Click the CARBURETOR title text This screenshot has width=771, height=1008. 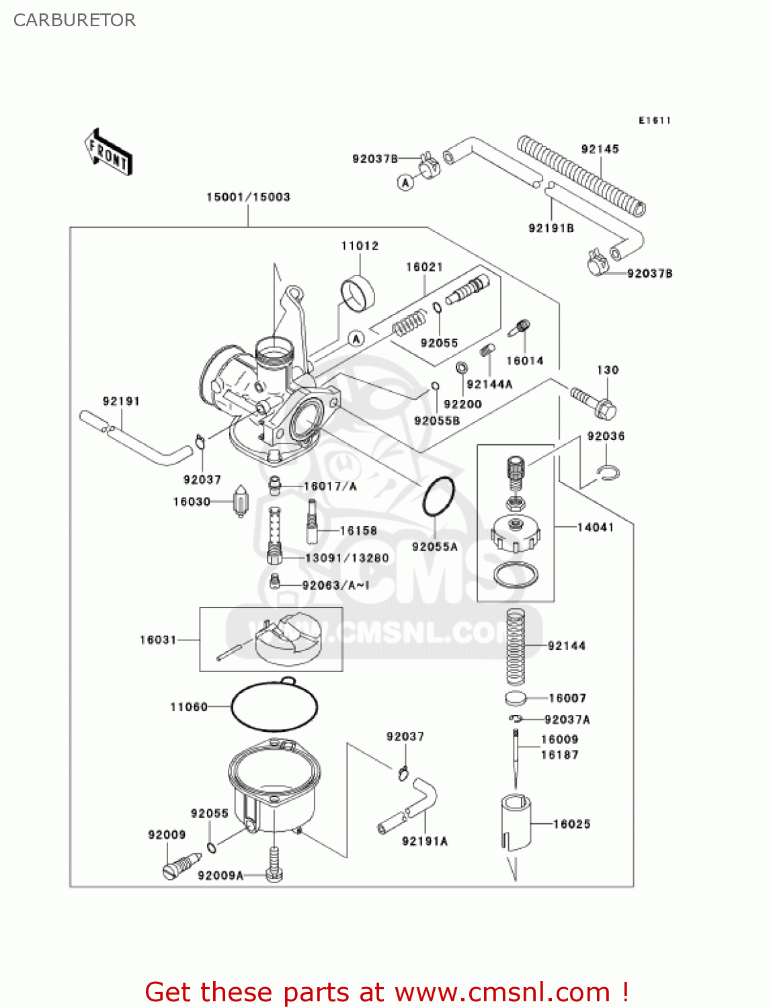click(x=75, y=20)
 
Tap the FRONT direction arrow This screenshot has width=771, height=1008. click(x=108, y=153)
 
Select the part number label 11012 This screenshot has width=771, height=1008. click(x=360, y=246)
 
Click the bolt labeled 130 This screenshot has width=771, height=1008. click(x=594, y=401)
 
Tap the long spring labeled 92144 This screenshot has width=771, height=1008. click(x=515, y=646)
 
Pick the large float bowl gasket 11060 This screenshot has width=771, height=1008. click(x=274, y=707)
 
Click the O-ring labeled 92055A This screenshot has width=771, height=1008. click(x=438, y=497)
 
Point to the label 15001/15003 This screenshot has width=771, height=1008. click(x=248, y=197)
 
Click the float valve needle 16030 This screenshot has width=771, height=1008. click(x=241, y=503)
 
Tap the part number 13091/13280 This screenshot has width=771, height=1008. click(x=347, y=558)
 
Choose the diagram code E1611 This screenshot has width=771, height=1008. click(x=654, y=120)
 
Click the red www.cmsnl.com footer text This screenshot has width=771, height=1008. click(x=387, y=992)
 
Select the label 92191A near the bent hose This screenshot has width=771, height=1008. click(x=424, y=841)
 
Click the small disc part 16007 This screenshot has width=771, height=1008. click(x=515, y=699)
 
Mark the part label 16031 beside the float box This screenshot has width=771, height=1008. click(x=158, y=640)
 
